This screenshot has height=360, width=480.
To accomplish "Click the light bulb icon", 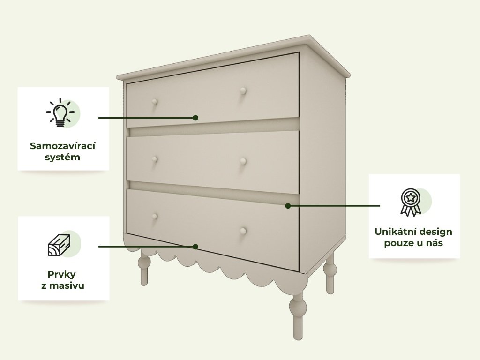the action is tap(60, 112).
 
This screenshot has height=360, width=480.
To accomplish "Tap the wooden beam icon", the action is tap(59, 245).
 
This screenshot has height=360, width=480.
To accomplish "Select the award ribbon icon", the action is tap(411, 202).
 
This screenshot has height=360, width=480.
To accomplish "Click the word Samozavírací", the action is tap(62, 146).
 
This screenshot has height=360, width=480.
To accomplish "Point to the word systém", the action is tap(62, 157).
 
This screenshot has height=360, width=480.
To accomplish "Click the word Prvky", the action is tap(61, 275).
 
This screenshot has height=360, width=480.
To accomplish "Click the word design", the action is tap(434, 232).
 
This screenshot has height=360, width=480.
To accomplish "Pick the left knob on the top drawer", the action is tap(155, 102).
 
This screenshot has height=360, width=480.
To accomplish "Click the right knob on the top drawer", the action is tap(243, 90).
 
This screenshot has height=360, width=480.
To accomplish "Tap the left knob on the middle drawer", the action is tap(155, 159).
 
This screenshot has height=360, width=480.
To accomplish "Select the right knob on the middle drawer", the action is tap(243, 161).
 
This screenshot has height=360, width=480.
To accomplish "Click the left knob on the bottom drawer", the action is tap(155, 217).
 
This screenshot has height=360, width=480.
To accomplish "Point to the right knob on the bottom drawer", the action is tap(243, 231).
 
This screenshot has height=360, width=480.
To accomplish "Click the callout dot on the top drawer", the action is tap(195, 118).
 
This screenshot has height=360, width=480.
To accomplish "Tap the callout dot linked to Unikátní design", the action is tap(288, 206).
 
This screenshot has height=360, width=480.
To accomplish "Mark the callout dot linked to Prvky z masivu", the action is tap(195, 247).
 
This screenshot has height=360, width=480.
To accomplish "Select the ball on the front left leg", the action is tap(144, 262).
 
